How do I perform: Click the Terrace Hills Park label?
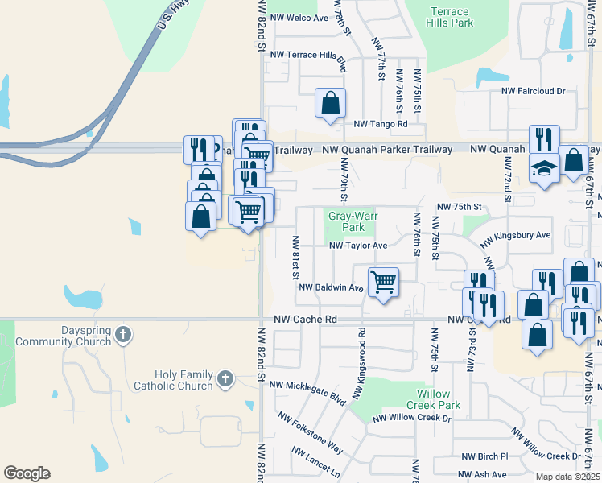tap(450, 18)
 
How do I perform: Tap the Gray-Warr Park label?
tap(348, 221)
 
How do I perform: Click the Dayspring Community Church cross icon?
tap(122, 335)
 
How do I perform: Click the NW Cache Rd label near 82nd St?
tap(303, 320)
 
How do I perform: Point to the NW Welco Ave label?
tap(300, 18)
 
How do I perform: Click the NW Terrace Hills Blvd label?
tap(308, 56)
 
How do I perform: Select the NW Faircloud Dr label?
tap(534, 92)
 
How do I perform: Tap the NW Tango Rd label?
tap(381, 124)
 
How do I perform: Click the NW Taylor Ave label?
tap(357, 245)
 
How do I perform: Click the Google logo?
tap(27, 473)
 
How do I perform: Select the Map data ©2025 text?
tap(567, 477)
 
